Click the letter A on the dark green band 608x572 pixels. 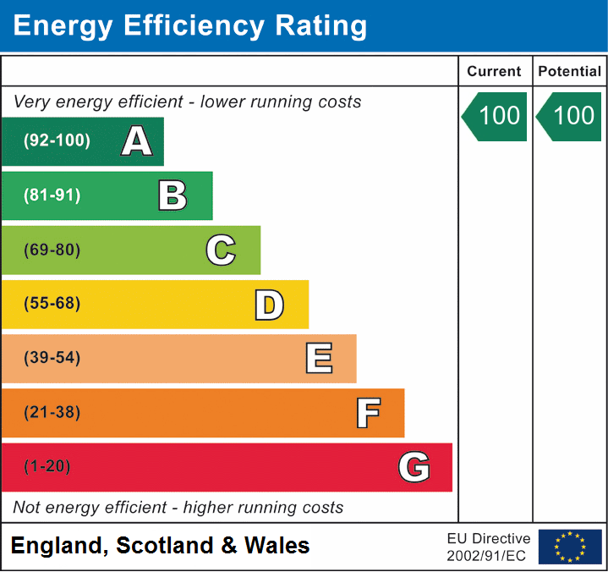[x=137, y=141]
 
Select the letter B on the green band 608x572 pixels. [x=173, y=195]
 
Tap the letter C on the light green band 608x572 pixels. [x=221, y=250]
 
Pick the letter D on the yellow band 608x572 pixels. [x=269, y=305]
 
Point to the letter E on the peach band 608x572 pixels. [x=319, y=359]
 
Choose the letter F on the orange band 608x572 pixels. [x=368, y=413]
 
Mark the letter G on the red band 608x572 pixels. [x=414, y=467]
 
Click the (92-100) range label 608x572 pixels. [x=57, y=141]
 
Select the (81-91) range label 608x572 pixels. [x=52, y=195]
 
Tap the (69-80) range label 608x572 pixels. [x=52, y=250]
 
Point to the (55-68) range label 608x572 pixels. [x=52, y=304]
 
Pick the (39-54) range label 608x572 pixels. [x=52, y=358]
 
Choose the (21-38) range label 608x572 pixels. [x=52, y=413]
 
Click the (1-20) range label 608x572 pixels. [x=47, y=467]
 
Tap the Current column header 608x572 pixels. [x=495, y=72]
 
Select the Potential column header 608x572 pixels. [x=570, y=72]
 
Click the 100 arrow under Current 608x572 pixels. [x=496, y=116]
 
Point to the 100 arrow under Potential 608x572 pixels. [x=570, y=116]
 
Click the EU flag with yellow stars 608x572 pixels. [x=570, y=547]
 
